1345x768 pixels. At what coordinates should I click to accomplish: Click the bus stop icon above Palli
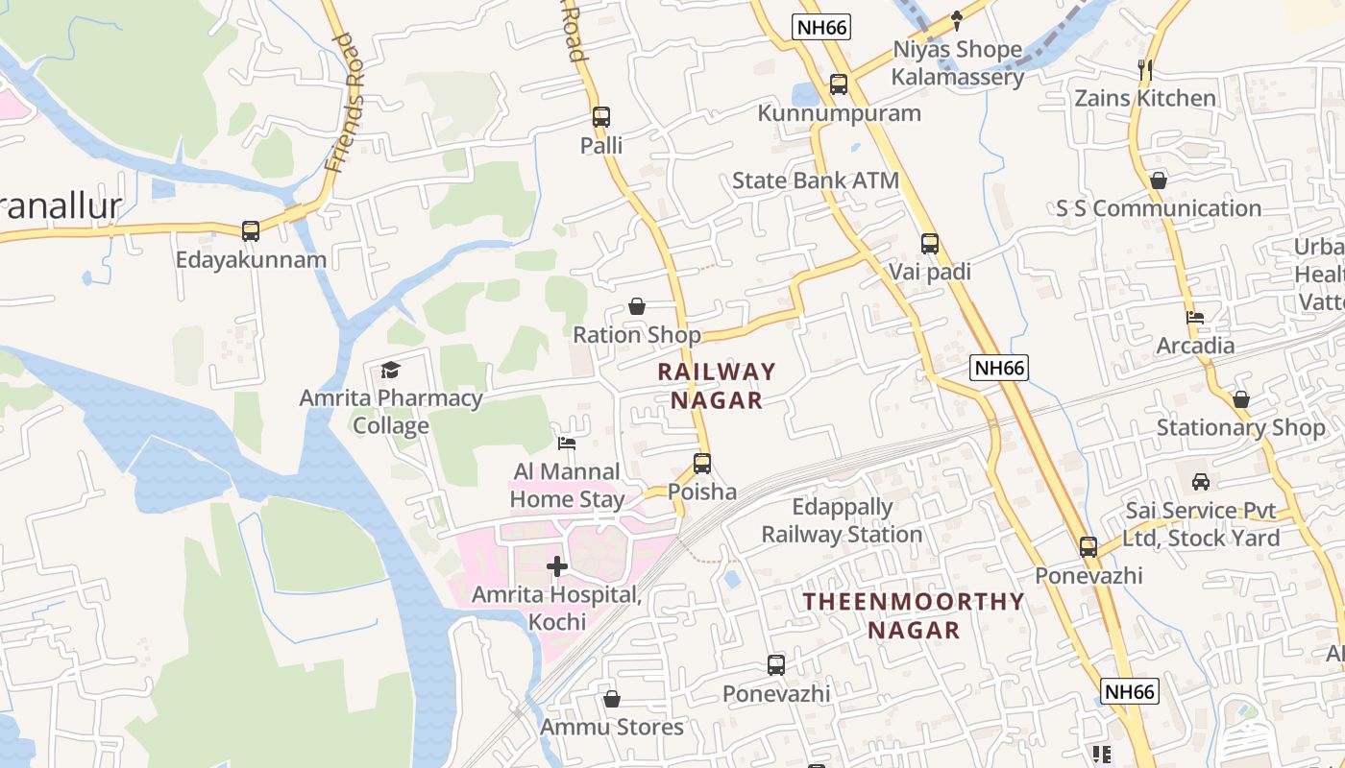click(601, 117)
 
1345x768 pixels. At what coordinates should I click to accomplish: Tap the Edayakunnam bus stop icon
click(251, 230)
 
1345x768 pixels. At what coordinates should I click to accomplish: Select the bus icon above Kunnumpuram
click(839, 84)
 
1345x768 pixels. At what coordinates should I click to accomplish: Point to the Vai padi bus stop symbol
click(929, 244)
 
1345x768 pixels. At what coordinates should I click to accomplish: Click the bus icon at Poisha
click(702, 464)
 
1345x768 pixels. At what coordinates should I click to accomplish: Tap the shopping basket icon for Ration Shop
click(636, 307)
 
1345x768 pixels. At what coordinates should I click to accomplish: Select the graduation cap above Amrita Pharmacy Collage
click(390, 370)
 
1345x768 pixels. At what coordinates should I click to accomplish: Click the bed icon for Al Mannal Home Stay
click(567, 444)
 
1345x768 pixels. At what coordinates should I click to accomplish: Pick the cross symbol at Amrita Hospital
click(557, 566)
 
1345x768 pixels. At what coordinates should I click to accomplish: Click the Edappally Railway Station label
click(842, 520)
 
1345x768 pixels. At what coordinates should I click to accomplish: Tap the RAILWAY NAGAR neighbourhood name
click(717, 386)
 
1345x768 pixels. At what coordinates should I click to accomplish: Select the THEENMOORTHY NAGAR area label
click(914, 615)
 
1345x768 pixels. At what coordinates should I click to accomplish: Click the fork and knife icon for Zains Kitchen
click(1144, 70)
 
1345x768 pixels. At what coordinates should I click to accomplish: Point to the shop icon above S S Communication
click(1159, 180)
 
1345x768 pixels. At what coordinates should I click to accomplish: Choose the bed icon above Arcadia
click(1195, 318)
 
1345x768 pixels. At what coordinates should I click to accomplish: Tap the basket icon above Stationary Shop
click(1241, 399)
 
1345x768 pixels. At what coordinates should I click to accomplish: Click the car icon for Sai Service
click(1201, 482)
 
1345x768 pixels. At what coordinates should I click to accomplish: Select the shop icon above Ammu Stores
click(611, 699)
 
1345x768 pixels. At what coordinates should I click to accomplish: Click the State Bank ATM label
click(816, 180)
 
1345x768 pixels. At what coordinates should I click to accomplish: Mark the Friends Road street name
click(346, 103)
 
